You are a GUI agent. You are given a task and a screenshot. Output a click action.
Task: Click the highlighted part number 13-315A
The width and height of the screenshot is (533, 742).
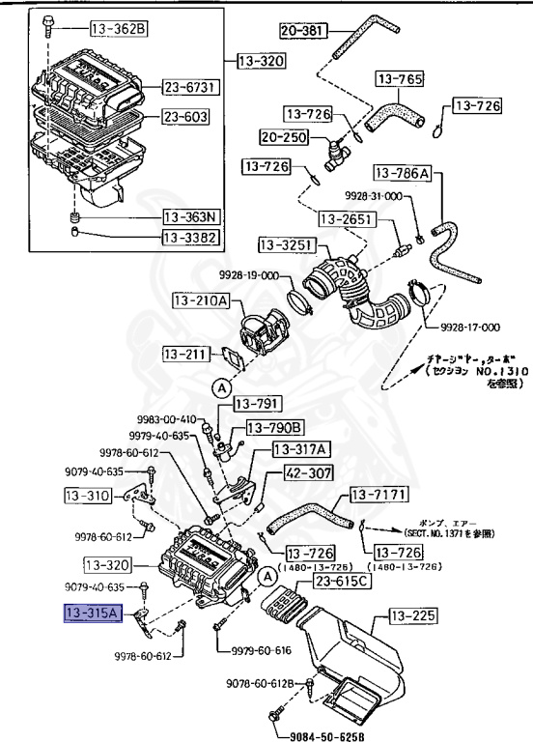(90, 613)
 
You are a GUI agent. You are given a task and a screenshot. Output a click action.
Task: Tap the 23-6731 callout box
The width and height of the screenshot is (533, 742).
(190, 88)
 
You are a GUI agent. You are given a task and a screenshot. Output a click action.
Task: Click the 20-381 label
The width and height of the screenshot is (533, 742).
(304, 31)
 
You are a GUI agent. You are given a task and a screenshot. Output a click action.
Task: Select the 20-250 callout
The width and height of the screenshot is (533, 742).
(281, 137)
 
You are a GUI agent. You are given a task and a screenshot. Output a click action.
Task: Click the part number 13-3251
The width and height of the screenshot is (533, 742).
(287, 245)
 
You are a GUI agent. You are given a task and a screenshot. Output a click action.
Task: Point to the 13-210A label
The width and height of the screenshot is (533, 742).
(201, 301)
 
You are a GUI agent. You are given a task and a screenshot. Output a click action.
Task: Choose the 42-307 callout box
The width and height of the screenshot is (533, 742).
(308, 473)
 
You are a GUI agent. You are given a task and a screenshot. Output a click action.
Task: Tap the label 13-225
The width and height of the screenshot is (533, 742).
(414, 614)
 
